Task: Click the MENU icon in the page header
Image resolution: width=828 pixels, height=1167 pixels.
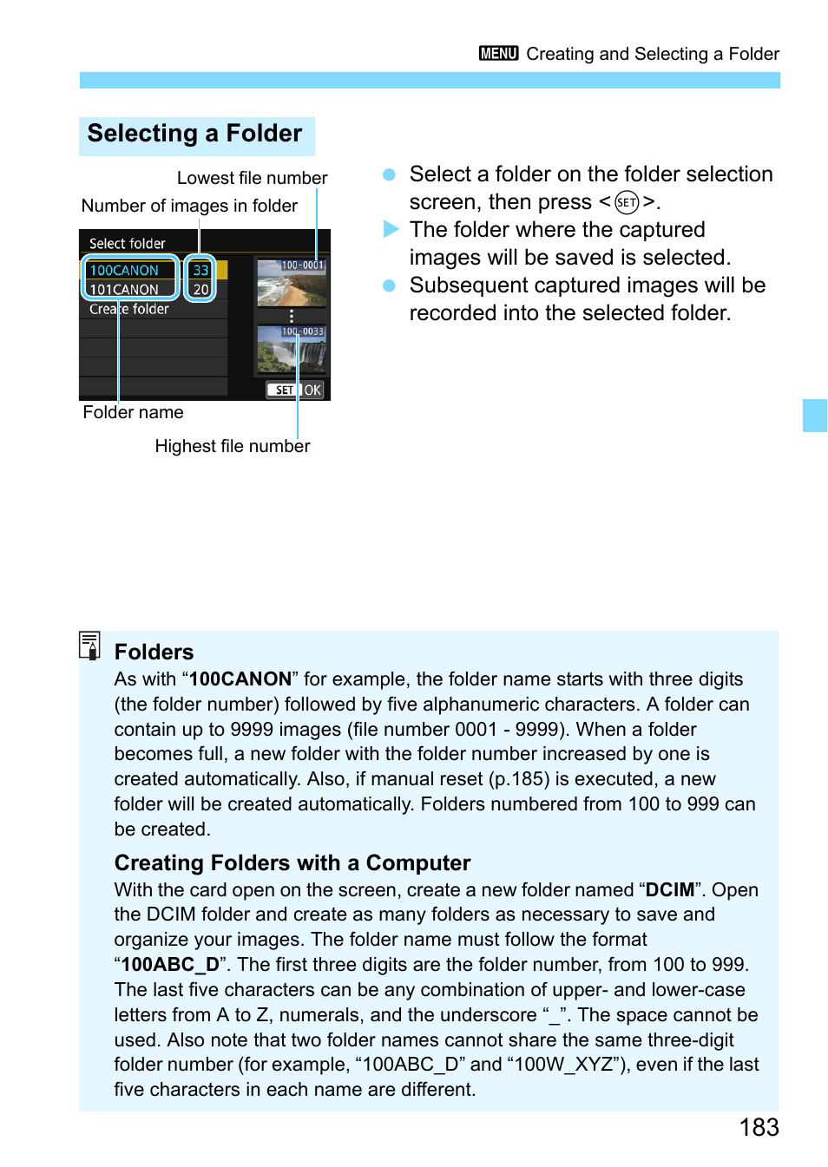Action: pyautogui.click(x=498, y=54)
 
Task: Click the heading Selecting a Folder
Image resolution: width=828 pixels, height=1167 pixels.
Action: pyautogui.click(x=195, y=134)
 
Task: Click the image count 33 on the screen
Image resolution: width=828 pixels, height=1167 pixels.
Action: pyautogui.click(x=200, y=271)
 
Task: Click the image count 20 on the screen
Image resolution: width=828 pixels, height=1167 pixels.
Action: pyautogui.click(x=200, y=290)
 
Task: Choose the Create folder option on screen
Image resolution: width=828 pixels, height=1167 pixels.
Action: pyautogui.click(x=129, y=309)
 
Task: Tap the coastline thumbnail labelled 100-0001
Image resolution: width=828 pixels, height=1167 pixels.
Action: pyautogui.click(x=292, y=284)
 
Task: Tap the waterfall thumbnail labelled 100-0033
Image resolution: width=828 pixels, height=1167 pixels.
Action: pyautogui.click(x=292, y=351)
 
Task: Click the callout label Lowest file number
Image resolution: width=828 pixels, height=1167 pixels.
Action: pyautogui.click(x=252, y=178)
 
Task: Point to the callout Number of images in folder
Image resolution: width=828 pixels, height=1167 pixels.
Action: pyautogui.click(x=189, y=206)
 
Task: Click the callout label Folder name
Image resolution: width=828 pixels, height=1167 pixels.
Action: pyautogui.click(x=133, y=412)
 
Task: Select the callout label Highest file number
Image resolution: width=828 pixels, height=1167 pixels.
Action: pyautogui.click(x=232, y=446)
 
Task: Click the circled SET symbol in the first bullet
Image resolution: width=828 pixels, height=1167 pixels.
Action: pyautogui.click(x=626, y=202)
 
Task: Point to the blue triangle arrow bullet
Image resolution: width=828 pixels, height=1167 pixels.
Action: pyautogui.click(x=391, y=230)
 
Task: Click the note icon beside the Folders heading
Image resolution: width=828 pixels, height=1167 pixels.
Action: pyautogui.click(x=89, y=646)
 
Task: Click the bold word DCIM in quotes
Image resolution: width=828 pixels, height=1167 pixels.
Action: pyautogui.click(x=669, y=890)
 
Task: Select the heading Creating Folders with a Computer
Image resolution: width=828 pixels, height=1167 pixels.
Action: pyautogui.click(x=292, y=863)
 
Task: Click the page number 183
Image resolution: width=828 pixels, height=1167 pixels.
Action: pyautogui.click(x=759, y=1127)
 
